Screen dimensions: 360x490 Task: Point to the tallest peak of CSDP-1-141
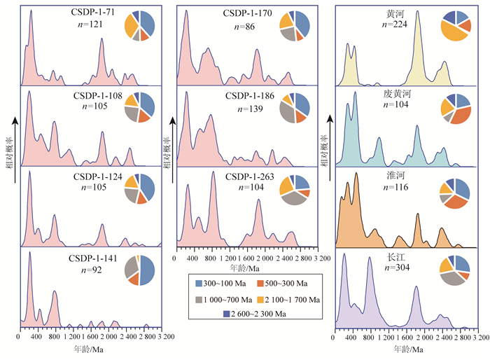pos(30,253)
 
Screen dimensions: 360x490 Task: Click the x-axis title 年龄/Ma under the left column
pos(89,347)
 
